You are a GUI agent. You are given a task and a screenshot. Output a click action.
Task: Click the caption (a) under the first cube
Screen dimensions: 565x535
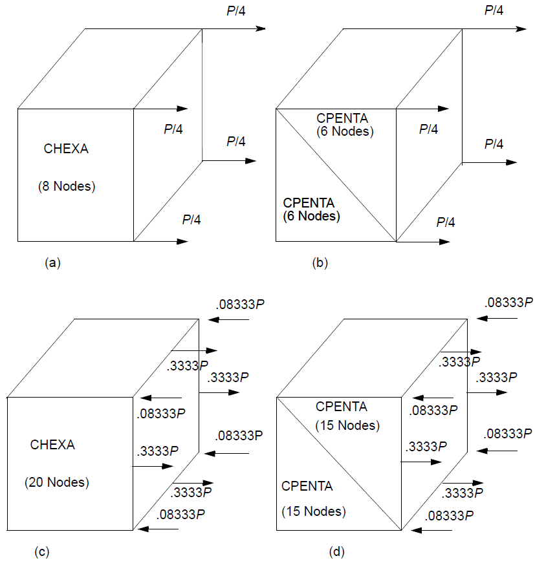tap(52, 262)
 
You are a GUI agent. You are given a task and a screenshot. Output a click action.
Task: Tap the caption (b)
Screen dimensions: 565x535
tap(320, 262)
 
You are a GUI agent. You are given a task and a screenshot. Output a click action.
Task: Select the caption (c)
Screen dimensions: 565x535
tap(42, 551)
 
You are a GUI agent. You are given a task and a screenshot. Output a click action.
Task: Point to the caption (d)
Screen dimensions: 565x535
tap(336, 551)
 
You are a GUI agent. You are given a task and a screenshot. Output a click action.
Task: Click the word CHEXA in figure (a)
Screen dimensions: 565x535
tap(66, 149)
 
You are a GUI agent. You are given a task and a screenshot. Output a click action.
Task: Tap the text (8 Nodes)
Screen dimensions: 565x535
tap(67, 187)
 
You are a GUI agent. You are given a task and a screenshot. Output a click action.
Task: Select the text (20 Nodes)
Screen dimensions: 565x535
tap(57, 482)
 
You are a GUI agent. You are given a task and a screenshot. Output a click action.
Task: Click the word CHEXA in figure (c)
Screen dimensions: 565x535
tap(52, 445)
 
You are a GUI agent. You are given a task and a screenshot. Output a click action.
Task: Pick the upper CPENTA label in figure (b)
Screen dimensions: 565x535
tap(342, 118)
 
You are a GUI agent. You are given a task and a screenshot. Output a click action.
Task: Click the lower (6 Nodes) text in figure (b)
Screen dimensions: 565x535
tap(311, 216)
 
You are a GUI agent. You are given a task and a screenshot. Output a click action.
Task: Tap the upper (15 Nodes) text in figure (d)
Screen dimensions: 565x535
tap(347, 426)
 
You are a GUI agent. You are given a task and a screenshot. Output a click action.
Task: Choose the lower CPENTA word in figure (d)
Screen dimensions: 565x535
tap(307, 486)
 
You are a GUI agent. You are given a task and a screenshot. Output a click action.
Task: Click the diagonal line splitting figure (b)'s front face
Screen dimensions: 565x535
tap(336, 175)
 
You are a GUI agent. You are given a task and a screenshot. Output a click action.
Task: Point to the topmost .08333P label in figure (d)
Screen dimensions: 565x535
tap(508, 303)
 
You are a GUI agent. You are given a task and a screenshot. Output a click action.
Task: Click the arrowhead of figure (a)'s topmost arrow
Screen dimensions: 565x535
tap(261, 28)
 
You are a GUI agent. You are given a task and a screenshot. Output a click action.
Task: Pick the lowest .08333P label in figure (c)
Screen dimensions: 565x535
tap(180, 515)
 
